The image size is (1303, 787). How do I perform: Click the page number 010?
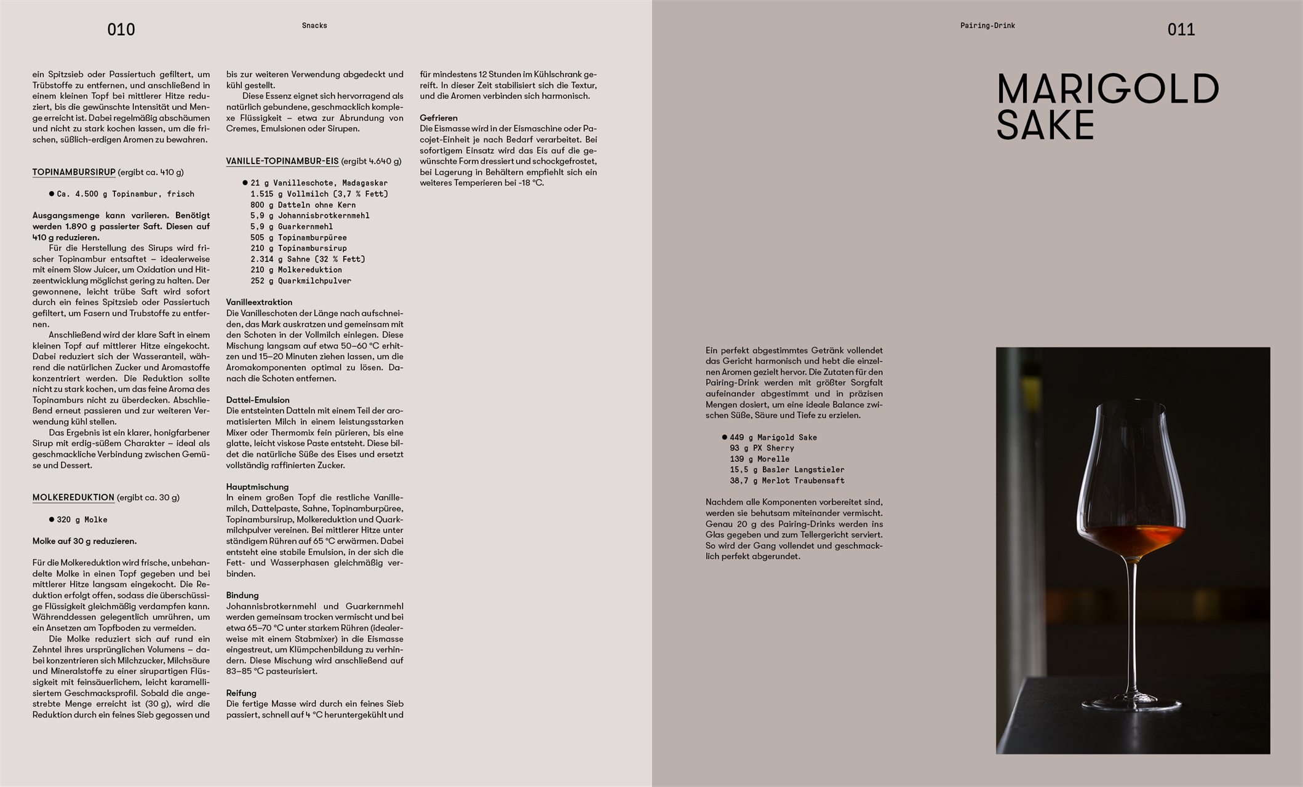pyautogui.click(x=121, y=30)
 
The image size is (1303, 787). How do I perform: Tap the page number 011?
pyautogui.click(x=1181, y=30)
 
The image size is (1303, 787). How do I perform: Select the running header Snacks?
pyautogui.click(x=314, y=26)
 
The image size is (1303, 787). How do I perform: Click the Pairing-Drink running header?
pyautogui.click(x=987, y=26)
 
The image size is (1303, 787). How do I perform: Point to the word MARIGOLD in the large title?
pyautogui.click(x=1107, y=89)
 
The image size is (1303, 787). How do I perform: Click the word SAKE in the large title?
pyautogui.click(x=1045, y=125)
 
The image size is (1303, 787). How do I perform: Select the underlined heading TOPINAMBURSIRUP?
pyautogui.click(x=74, y=172)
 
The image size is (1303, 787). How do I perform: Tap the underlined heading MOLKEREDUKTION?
pyautogui.click(x=73, y=497)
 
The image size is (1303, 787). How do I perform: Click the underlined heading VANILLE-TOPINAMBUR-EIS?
pyautogui.click(x=282, y=161)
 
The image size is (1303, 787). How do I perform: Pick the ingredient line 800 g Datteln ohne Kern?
pyautogui.click(x=303, y=205)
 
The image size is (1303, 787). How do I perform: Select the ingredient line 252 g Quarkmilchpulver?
pyautogui.click(x=300, y=281)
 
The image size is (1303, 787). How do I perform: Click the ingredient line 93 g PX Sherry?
pyautogui.click(x=762, y=448)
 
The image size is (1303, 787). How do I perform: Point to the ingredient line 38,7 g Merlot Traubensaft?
pyautogui.click(x=787, y=481)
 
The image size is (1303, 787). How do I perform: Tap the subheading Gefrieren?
pyautogui.click(x=439, y=117)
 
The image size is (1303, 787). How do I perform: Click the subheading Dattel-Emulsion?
pyautogui.click(x=257, y=400)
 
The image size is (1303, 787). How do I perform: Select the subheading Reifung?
pyautogui.click(x=241, y=693)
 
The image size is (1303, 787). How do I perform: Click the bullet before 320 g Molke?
pyautogui.click(x=52, y=520)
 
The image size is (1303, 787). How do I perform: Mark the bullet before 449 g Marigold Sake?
pyautogui.click(x=724, y=437)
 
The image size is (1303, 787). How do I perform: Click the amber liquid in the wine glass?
pyautogui.click(x=1132, y=539)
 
